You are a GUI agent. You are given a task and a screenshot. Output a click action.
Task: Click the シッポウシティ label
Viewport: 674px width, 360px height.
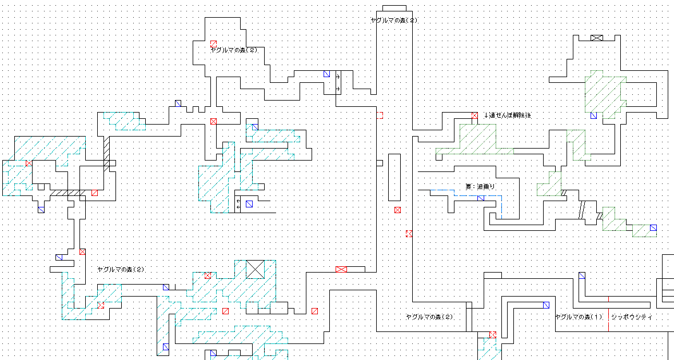click(x=632, y=317)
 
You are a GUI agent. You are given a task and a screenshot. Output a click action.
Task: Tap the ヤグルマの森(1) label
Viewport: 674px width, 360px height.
click(x=579, y=317)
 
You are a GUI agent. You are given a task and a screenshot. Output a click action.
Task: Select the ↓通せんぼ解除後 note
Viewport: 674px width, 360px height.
click(x=507, y=115)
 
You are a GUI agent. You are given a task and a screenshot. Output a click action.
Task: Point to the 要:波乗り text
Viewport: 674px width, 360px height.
click(x=480, y=186)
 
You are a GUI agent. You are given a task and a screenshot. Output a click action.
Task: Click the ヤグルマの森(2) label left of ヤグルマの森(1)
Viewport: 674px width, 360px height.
click(x=429, y=317)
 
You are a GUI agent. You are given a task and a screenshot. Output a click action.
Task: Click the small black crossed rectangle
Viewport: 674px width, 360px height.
click(x=597, y=38)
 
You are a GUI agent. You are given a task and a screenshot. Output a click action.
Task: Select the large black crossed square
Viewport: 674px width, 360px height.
click(x=255, y=269)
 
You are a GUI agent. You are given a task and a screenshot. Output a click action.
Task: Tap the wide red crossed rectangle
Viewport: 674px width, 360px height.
click(x=341, y=269)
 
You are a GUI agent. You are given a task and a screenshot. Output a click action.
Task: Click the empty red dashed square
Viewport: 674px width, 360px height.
click(x=380, y=115)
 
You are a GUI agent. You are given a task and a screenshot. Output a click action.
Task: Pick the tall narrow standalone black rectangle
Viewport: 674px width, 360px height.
click(x=394, y=177)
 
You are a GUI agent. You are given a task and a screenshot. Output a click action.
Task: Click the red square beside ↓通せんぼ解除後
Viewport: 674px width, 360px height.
click(x=474, y=115)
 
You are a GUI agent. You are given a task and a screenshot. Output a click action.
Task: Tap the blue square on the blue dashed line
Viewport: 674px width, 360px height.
click(x=480, y=198)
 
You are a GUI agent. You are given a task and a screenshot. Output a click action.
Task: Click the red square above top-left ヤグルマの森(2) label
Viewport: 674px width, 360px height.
click(x=213, y=43)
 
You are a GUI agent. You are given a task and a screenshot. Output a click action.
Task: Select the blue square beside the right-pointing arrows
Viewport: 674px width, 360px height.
click(x=326, y=74)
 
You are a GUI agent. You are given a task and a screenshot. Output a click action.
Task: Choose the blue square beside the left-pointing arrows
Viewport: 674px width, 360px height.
click(x=249, y=204)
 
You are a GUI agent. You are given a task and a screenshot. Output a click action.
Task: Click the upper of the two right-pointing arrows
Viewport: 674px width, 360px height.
click(x=338, y=77)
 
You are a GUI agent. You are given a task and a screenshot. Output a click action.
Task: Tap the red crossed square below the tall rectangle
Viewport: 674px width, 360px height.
click(x=397, y=210)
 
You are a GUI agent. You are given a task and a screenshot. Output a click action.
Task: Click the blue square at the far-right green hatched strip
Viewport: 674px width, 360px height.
click(x=653, y=227)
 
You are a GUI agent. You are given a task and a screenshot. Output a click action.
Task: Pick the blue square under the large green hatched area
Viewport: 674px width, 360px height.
click(x=593, y=115)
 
